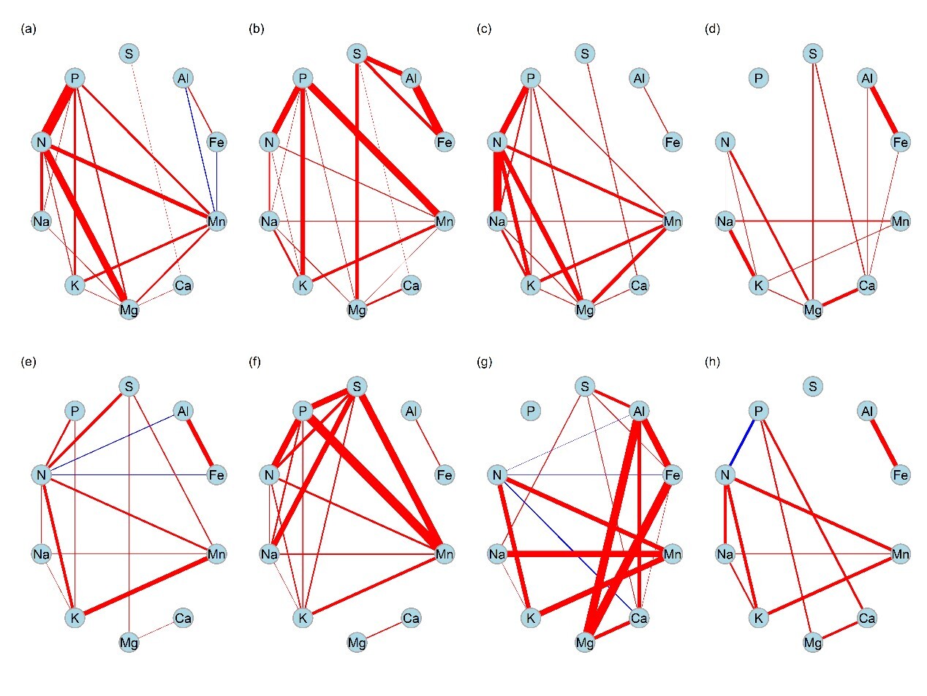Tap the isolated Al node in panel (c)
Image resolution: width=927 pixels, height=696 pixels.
639,77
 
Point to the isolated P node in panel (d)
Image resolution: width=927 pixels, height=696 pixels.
759,77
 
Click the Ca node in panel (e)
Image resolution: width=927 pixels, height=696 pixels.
183,619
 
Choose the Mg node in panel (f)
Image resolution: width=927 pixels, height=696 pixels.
357,643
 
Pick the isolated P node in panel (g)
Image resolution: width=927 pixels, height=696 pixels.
531,411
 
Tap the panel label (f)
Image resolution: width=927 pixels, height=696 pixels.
256,362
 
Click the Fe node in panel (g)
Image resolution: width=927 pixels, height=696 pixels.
673,475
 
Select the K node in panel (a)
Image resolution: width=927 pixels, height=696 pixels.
75,286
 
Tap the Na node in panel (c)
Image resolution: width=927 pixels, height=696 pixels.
497,221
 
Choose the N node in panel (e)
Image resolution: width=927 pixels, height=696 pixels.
41,475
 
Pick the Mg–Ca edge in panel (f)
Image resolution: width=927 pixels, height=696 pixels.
384,631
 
